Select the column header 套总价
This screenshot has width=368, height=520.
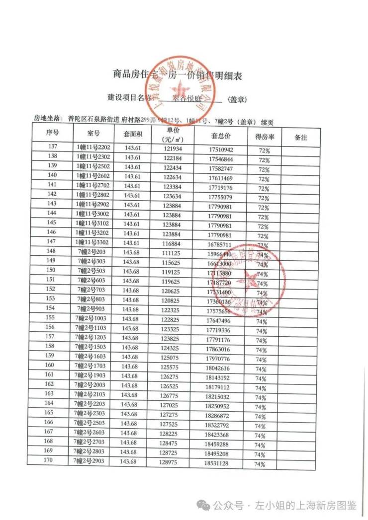(x=221, y=135)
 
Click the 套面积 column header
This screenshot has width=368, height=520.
(x=133, y=134)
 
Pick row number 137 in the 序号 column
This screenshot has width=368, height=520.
(x=52, y=147)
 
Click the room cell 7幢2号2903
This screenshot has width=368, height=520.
(x=93, y=461)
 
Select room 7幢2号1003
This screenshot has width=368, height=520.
(x=93, y=318)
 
